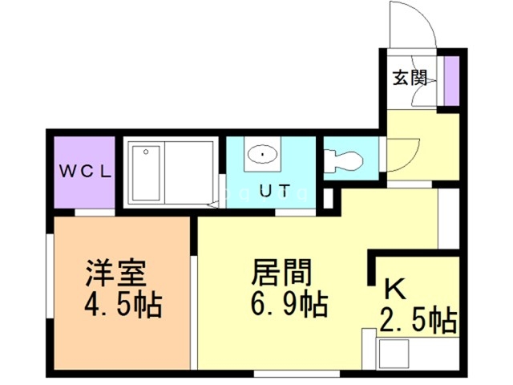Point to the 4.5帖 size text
122,306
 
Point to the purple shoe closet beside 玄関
451,81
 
